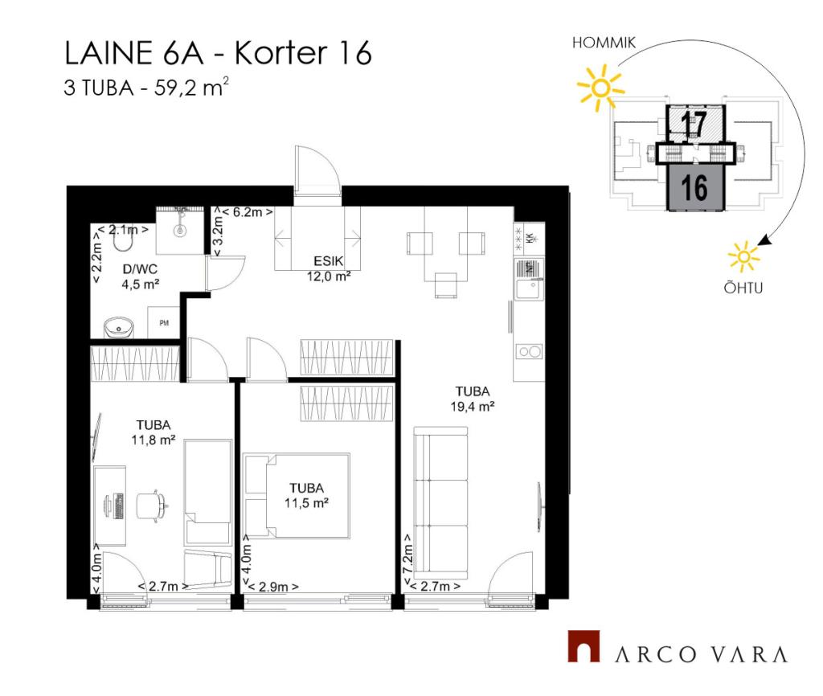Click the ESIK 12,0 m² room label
(x=329, y=268)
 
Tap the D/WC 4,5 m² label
(x=140, y=276)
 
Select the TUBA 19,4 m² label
(x=473, y=399)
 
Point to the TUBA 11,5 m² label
(x=306, y=496)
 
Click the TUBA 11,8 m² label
(x=154, y=432)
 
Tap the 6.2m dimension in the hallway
(x=248, y=212)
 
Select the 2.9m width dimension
(x=273, y=587)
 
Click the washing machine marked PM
(x=164, y=322)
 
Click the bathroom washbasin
(x=119, y=328)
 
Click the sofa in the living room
(x=440, y=499)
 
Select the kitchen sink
(x=529, y=288)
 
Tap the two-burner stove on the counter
(x=529, y=352)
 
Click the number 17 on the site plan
(x=694, y=124)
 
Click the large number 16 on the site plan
(x=694, y=187)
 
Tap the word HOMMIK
(x=604, y=43)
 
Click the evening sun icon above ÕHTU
(x=743, y=256)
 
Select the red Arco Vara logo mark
(x=583, y=646)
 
